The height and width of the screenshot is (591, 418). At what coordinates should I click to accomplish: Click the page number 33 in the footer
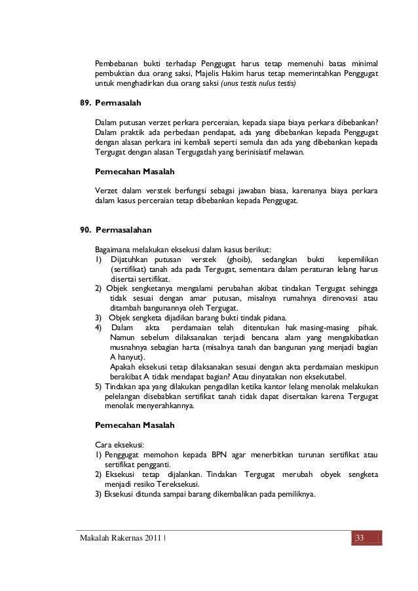(360, 539)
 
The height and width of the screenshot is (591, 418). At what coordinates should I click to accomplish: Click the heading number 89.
(85, 104)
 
